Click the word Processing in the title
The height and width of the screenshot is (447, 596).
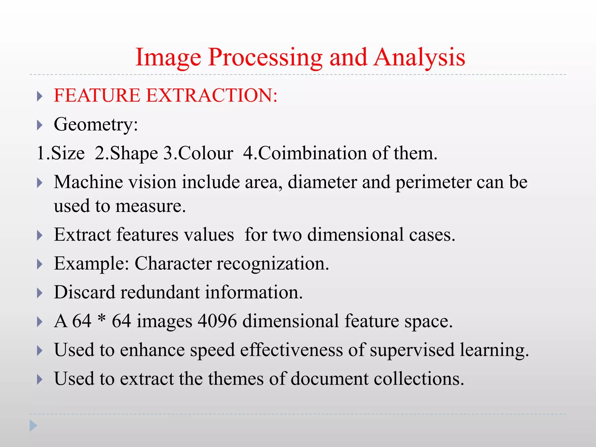coord(265,58)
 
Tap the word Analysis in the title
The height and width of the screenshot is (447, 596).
coord(420,58)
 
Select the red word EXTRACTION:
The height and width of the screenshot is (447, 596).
coord(212,95)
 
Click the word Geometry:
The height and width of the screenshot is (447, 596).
coord(96,125)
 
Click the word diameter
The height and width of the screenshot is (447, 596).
coord(322,182)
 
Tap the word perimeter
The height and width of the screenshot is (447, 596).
coord(433,182)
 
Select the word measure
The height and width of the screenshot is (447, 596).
coord(150,206)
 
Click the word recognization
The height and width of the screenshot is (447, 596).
coord(273,264)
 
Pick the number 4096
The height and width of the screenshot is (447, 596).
coord(217,321)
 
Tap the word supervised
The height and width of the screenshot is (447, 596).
coord(412,350)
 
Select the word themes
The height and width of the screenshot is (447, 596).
coord(235,379)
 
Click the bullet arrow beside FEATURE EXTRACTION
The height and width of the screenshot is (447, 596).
coord(40,96)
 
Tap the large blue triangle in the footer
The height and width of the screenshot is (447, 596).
coord(33,426)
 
